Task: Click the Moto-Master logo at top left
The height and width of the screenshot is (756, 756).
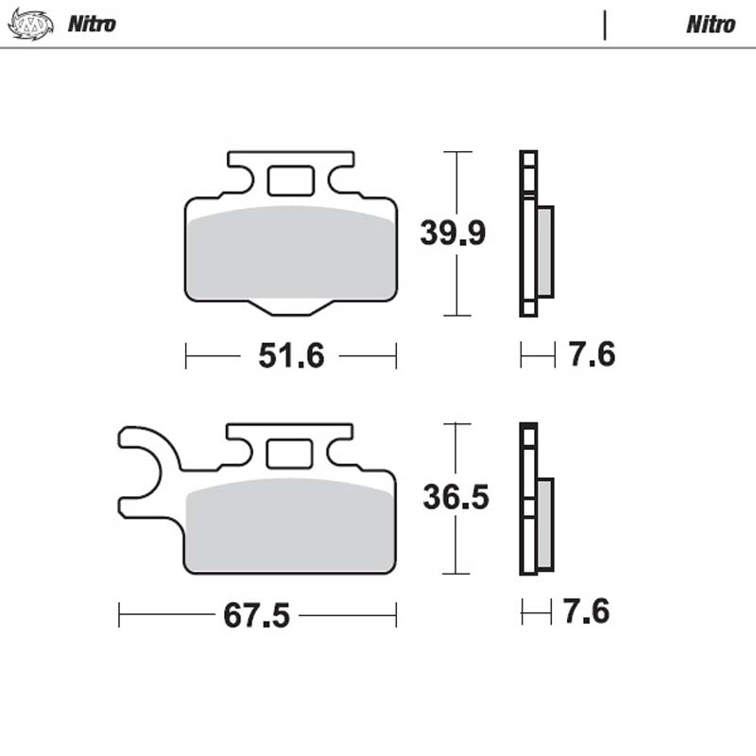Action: [31, 25]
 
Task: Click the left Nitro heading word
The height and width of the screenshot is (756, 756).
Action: [92, 25]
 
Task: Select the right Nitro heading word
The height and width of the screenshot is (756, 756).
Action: [711, 25]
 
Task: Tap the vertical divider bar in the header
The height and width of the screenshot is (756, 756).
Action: [605, 26]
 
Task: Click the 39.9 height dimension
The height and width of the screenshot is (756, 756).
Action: [453, 232]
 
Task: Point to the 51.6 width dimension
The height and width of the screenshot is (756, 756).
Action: [291, 356]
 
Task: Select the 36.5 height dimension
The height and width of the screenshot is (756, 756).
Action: [455, 497]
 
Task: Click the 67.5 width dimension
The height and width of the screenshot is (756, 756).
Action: [256, 615]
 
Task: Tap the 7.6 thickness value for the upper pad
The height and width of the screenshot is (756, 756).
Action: [592, 353]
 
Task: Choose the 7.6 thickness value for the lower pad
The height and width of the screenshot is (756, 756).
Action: [586, 611]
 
